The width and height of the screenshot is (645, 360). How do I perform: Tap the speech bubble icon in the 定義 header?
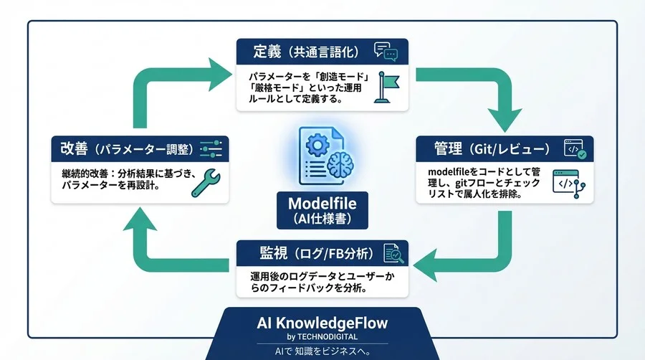(x=385, y=51)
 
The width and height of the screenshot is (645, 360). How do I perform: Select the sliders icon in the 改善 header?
(x=211, y=149)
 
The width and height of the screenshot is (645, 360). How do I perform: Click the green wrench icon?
(x=205, y=182)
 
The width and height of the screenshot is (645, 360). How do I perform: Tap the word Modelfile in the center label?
(x=322, y=202)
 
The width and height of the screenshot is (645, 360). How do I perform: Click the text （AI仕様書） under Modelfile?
(x=322, y=218)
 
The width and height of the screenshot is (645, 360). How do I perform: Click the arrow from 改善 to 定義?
(x=158, y=86)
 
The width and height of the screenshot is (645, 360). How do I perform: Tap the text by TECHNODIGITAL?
(x=322, y=337)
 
